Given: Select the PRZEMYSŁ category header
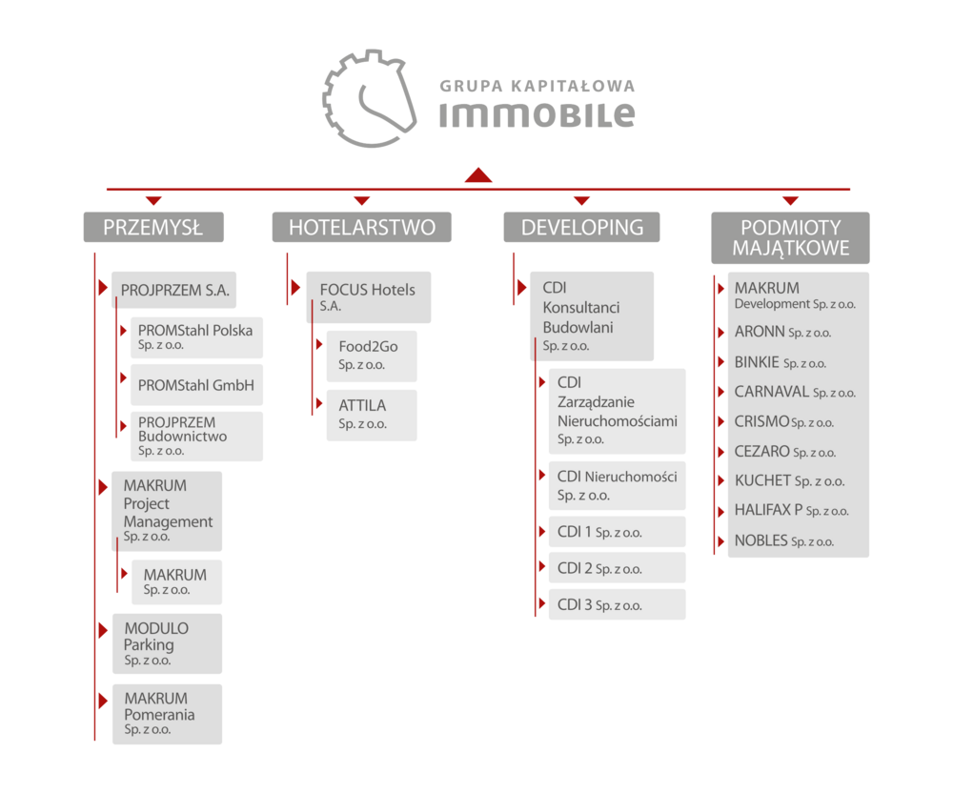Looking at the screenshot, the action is [153, 228].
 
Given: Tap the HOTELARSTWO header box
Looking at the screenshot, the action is [361, 228].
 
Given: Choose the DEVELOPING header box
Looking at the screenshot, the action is [581, 228].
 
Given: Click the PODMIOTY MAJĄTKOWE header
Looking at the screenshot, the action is [790, 237].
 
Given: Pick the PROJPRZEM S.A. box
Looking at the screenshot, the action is [174, 290].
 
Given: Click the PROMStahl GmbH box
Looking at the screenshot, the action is [197, 385].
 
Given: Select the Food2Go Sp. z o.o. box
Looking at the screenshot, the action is [372, 356].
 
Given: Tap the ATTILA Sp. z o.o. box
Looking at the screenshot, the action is [372, 416].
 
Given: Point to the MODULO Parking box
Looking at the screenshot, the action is [167, 643].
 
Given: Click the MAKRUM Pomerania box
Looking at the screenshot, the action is [167, 714].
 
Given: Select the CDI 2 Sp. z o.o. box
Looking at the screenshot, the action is [617, 568].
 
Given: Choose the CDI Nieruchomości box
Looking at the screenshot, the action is [617, 486].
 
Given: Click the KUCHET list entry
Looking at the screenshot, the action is [789, 481].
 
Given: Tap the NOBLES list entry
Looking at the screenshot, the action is [784, 540].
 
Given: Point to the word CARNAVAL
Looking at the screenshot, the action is [772, 392].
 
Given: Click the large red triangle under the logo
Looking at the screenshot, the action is [478, 174].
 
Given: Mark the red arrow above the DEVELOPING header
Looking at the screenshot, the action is [581, 200].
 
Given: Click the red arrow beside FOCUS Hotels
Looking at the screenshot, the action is [296, 288].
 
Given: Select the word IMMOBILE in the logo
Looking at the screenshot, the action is [537, 114].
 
